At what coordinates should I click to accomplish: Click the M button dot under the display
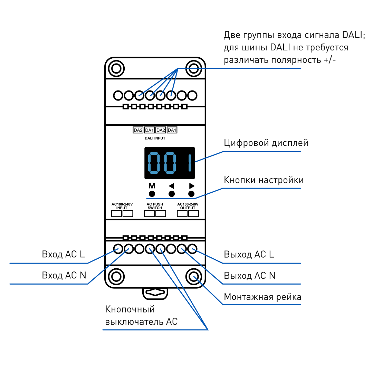(x=152, y=194)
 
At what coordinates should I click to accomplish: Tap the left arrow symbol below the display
(x=172, y=186)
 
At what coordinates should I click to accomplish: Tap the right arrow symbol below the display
(x=192, y=186)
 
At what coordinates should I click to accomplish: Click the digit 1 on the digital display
(x=190, y=163)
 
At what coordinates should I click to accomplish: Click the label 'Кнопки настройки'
(x=264, y=180)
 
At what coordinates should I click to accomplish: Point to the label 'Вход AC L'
(x=63, y=254)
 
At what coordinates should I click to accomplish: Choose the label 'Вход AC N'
(x=64, y=275)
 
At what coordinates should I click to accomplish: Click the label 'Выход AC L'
(x=249, y=255)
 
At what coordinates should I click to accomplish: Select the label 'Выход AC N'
(x=250, y=276)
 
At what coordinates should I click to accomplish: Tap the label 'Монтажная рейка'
(x=262, y=297)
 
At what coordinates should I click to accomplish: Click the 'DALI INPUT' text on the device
(x=155, y=138)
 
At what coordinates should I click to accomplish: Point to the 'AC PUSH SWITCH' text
(x=155, y=206)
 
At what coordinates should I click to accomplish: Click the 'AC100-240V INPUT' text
(x=122, y=206)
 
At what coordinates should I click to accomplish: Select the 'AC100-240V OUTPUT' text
(x=188, y=206)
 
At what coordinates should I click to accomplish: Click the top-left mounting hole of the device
(x=116, y=68)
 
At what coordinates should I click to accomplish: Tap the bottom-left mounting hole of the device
(x=116, y=277)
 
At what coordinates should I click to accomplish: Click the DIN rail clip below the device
(x=155, y=293)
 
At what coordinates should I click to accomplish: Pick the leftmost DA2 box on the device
(x=138, y=130)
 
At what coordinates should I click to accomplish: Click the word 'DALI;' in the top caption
(x=354, y=35)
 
